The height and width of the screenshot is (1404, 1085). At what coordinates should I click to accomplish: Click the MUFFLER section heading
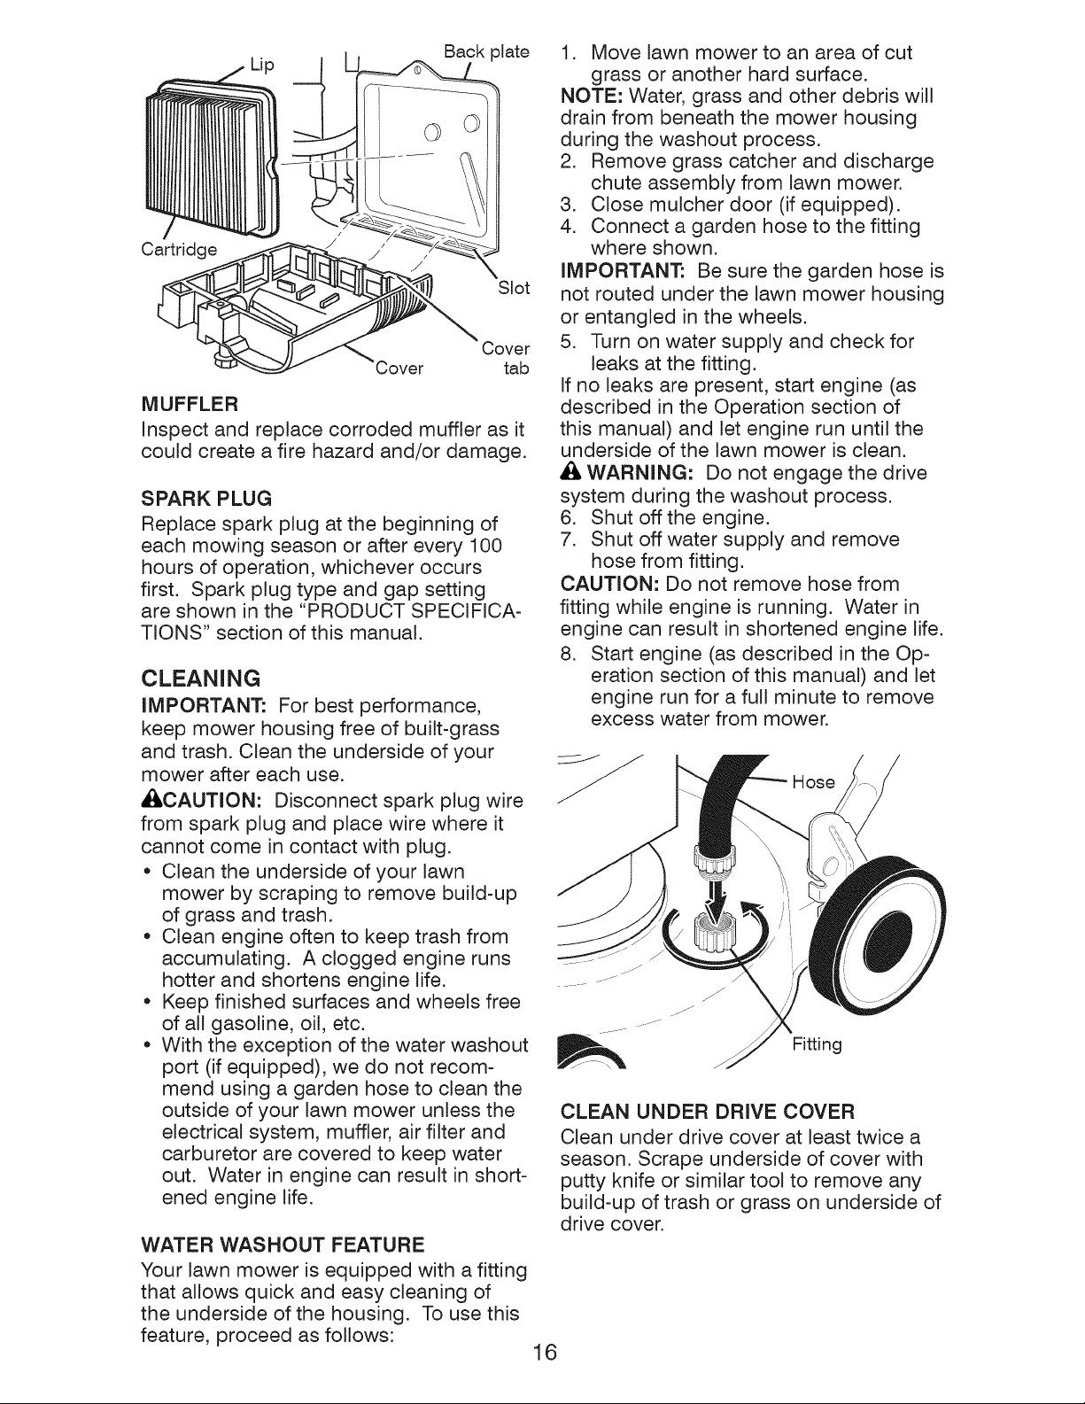tap(190, 405)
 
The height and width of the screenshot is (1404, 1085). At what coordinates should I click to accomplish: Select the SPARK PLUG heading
tap(206, 499)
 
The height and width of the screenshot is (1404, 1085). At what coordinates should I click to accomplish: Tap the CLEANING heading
tap(201, 679)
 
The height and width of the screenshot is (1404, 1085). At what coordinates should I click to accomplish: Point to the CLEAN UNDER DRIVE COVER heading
tap(708, 1112)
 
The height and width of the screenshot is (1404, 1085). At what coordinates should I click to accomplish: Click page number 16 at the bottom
tap(545, 1352)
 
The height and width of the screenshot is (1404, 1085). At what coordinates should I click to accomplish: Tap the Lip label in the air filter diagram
tap(262, 65)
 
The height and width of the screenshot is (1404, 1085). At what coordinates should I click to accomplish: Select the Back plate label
tap(486, 51)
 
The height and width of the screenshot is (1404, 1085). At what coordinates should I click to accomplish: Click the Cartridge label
tap(179, 250)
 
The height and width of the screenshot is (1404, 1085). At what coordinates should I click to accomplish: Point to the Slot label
tap(514, 288)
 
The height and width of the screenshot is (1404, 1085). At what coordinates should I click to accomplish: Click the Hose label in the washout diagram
tap(813, 782)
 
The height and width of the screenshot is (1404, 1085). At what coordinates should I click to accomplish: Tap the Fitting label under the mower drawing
tap(817, 1044)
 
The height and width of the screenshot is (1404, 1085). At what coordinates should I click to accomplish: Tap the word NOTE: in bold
tap(591, 97)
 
